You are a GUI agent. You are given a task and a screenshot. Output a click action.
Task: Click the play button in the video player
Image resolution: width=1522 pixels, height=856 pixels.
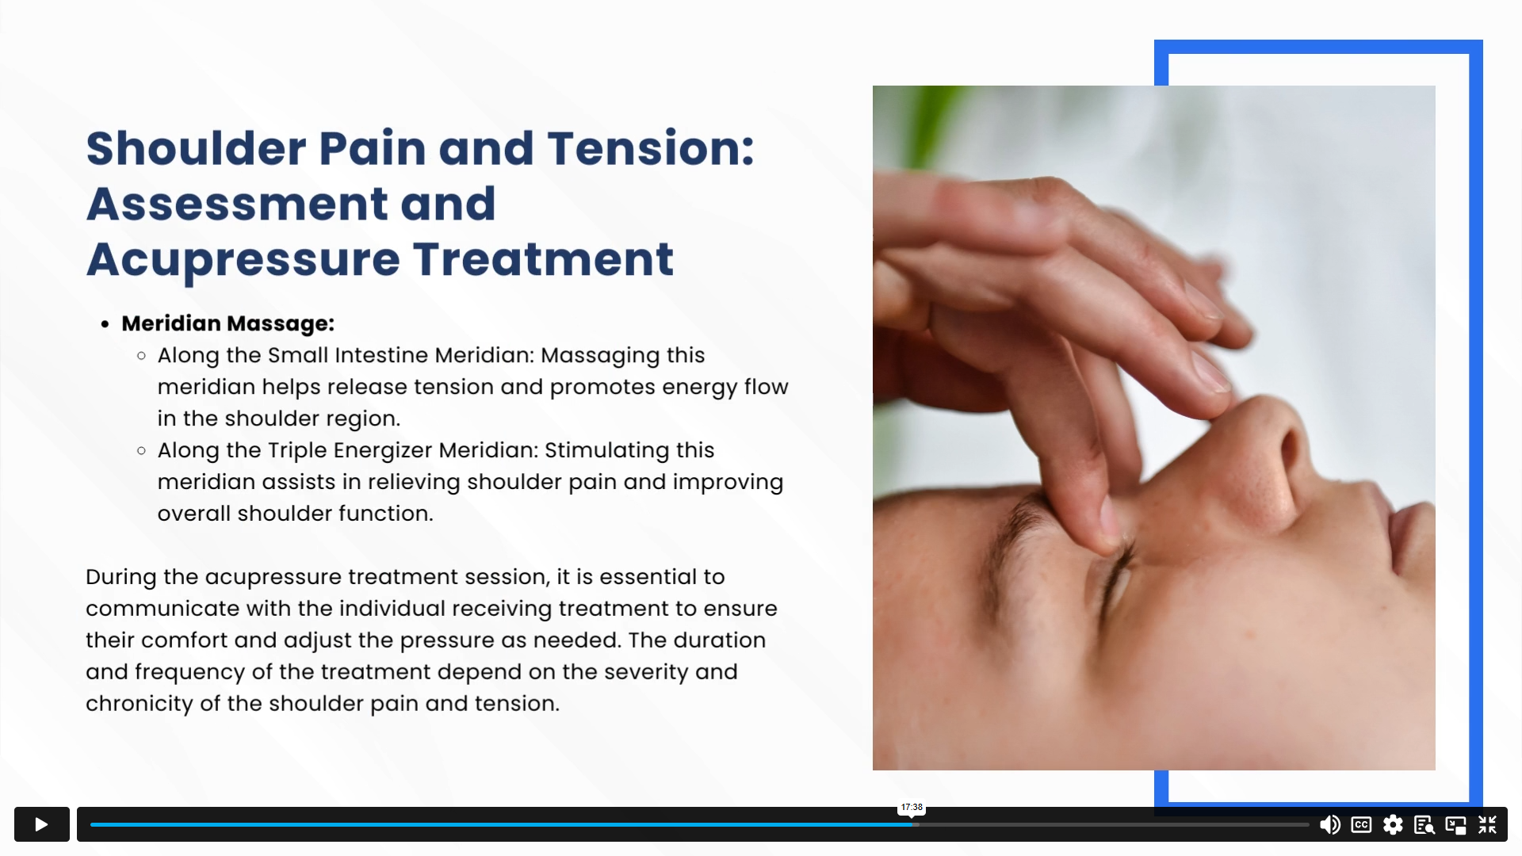click(42, 824)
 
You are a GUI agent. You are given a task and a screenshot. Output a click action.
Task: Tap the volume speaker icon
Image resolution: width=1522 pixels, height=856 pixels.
click(1329, 825)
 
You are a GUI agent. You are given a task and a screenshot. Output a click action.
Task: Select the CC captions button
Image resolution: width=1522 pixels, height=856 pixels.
click(1361, 825)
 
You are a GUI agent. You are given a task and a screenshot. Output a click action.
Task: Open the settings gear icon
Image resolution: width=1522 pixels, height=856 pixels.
click(1393, 825)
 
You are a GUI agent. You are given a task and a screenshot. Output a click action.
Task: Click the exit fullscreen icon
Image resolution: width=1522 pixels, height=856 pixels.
click(1487, 825)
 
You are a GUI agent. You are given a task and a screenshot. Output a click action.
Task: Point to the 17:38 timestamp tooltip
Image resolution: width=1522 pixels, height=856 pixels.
click(912, 808)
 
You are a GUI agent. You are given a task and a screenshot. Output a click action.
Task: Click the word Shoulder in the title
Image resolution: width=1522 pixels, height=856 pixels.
click(196, 148)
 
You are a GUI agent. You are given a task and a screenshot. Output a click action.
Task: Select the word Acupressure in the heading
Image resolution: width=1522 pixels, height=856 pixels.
click(243, 259)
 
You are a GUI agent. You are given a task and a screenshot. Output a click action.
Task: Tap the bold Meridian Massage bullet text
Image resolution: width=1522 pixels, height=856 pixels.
click(228, 323)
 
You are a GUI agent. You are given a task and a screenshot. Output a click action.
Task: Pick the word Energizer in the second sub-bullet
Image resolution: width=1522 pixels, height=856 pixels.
click(383, 450)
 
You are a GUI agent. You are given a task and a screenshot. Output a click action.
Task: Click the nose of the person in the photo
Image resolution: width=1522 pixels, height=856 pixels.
click(1260, 468)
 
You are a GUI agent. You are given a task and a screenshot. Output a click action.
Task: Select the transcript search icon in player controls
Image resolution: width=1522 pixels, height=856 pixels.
click(1424, 825)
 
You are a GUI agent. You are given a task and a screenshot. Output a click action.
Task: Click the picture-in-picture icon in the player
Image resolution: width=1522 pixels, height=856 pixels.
click(1455, 825)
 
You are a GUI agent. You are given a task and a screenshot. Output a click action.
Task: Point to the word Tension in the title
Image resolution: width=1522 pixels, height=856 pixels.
click(650, 148)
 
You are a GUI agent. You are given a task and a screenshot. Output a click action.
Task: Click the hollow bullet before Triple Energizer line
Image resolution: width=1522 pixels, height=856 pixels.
click(141, 451)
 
